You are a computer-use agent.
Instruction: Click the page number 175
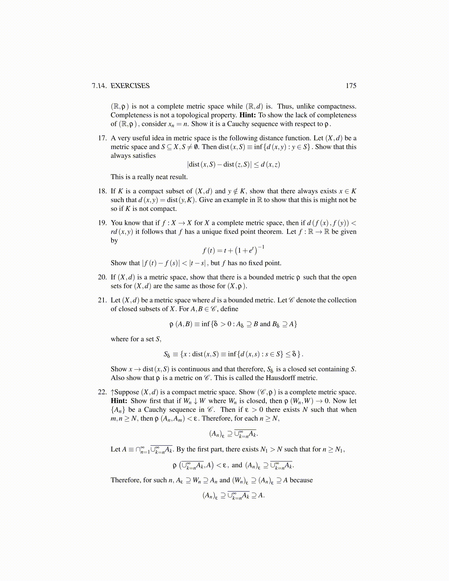coord(351,86)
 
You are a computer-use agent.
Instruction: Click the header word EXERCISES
coord(130,86)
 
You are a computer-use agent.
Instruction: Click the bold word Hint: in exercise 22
coord(119,401)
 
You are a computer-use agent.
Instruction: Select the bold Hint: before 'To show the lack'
coord(248,115)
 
